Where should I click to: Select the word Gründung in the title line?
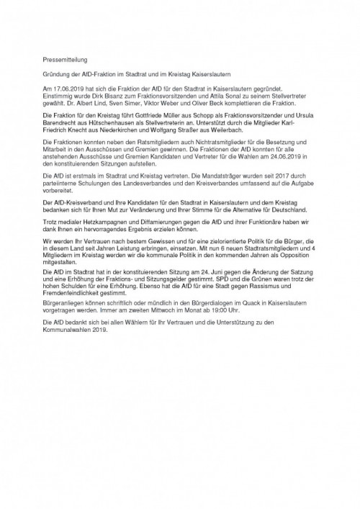click(58, 76)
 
